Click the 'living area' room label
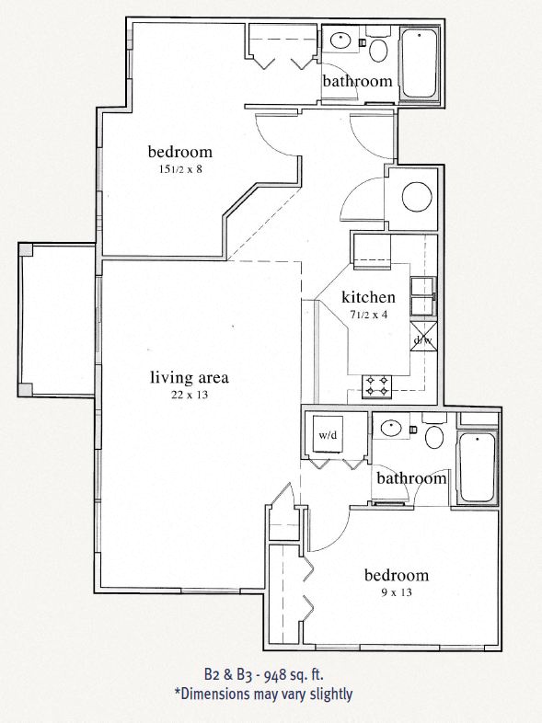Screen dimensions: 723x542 [189, 377]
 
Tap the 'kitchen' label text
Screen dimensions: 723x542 [368, 297]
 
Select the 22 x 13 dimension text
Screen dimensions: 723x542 [189, 396]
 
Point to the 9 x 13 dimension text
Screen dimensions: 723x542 [396, 592]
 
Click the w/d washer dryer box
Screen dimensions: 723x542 [329, 434]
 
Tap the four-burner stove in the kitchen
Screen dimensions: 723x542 [377, 385]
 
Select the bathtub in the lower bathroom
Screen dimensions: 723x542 [477, 467]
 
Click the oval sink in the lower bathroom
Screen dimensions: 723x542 [391, 427]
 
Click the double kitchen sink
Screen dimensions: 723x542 [422, 295]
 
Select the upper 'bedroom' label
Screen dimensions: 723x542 [180, 152]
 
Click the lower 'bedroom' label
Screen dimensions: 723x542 [397, 576]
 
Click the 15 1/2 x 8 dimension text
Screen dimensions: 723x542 [180, 169]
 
